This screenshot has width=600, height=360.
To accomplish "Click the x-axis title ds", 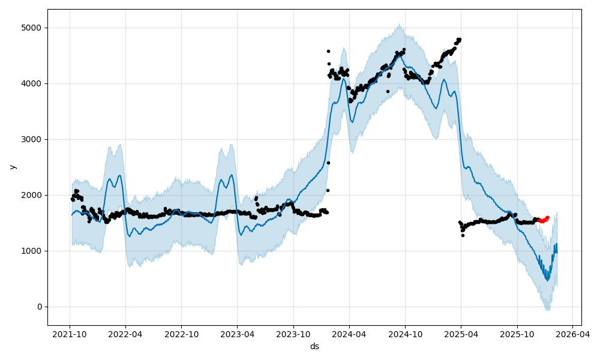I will click(x=314, y=346).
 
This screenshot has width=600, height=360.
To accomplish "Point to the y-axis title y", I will click(x=12, y=167).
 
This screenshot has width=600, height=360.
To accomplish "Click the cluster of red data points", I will click(x=544, y=220).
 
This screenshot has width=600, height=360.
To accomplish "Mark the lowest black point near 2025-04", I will click(x=463, y=235).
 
